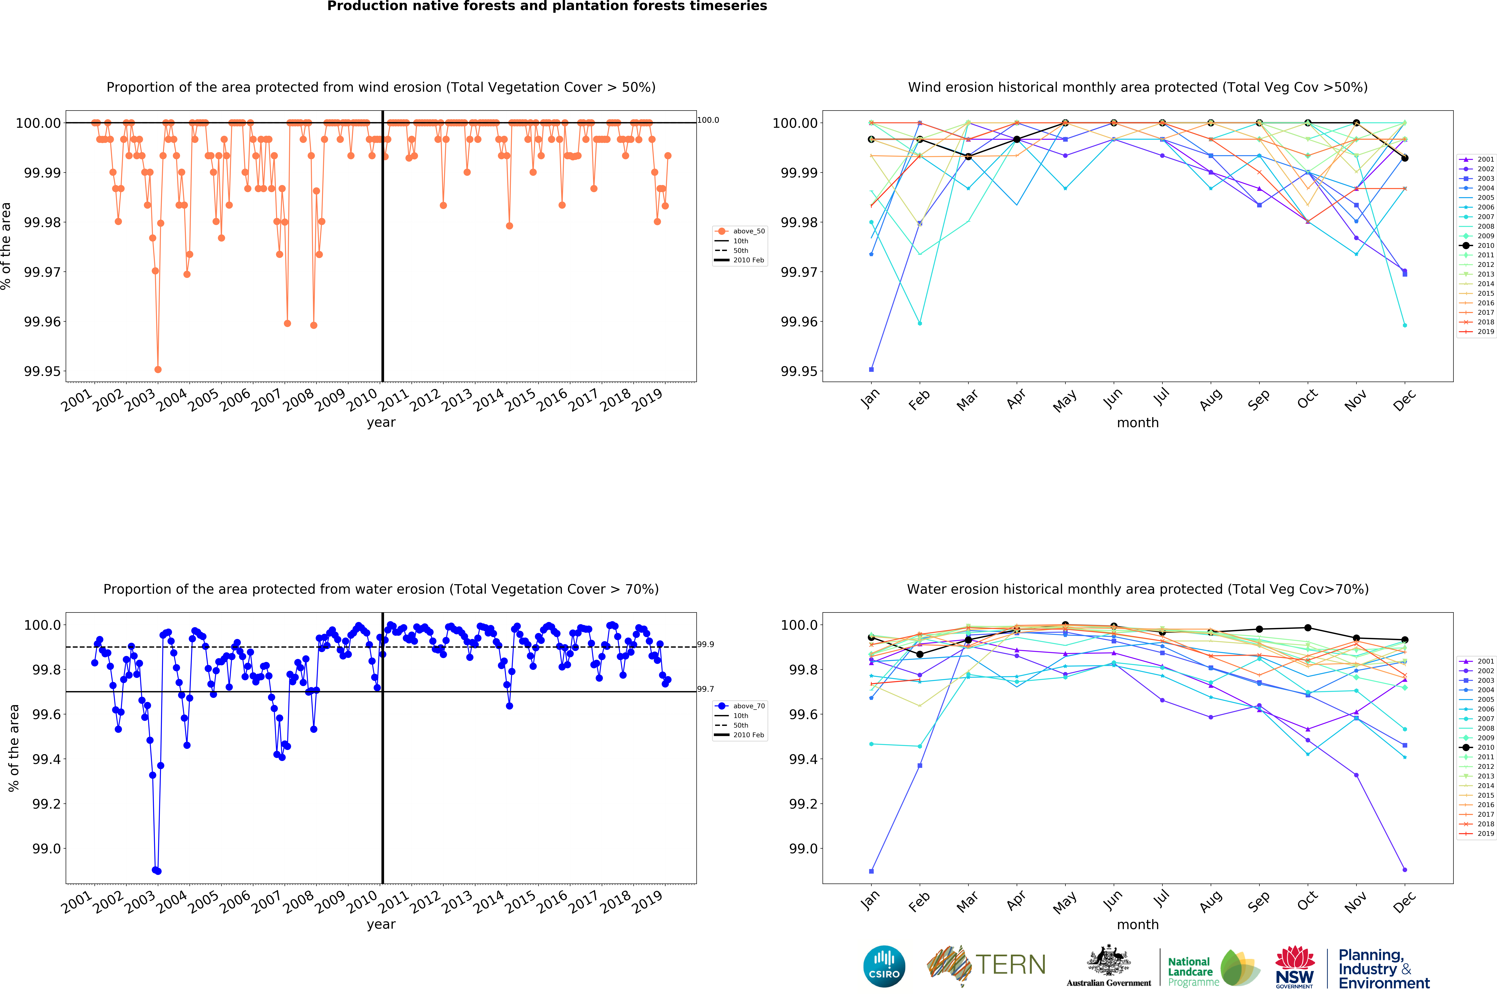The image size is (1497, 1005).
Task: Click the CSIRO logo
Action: tap(884, 966)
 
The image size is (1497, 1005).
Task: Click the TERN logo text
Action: tap(1010, 965)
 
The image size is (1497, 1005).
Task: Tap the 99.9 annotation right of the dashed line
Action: tap(706, 644)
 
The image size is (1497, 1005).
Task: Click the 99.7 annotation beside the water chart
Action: tap(706, 689)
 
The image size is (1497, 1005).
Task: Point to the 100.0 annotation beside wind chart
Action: tap(708, 120)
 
